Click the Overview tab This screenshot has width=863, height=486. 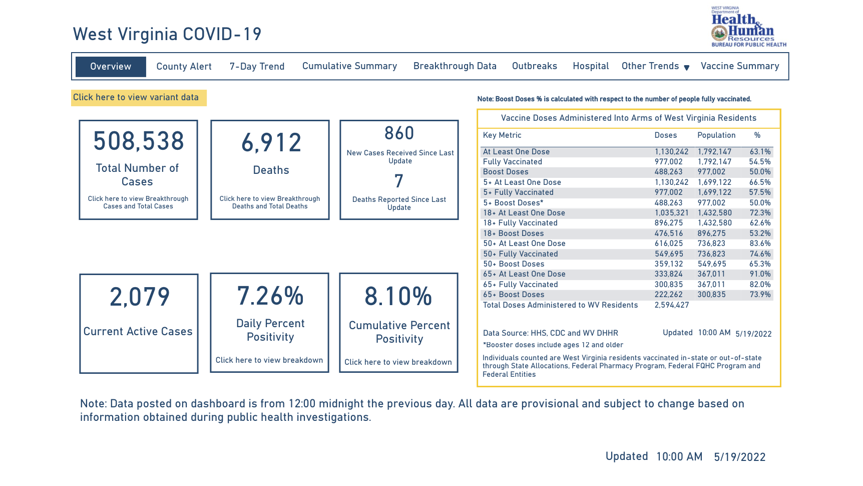coord(111,67)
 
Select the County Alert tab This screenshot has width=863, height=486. coord(184,67)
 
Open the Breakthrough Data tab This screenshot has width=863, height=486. coord(455,66)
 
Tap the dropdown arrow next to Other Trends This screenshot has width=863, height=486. coord(687,68)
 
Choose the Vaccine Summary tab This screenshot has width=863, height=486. coord(739,66)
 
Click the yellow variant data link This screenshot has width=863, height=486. coord(136,98)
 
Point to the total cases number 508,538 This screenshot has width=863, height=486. coord(139,141)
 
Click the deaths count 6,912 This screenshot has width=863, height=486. coord(271,143)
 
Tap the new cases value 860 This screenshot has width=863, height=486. coord(399,133)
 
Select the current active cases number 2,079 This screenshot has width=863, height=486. coord(140,297)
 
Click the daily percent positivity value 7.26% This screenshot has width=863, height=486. coord(270,296)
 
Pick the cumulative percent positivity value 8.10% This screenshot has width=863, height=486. coord(398,296)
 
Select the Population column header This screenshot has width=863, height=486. coord(716,135)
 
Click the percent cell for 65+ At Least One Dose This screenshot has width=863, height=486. coord(760,274)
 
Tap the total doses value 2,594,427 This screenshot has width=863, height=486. coord(671,305)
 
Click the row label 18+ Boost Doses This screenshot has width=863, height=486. coord(513,233)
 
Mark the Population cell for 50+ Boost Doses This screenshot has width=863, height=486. coord(711,264)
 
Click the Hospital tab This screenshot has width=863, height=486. coord(591,66)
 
